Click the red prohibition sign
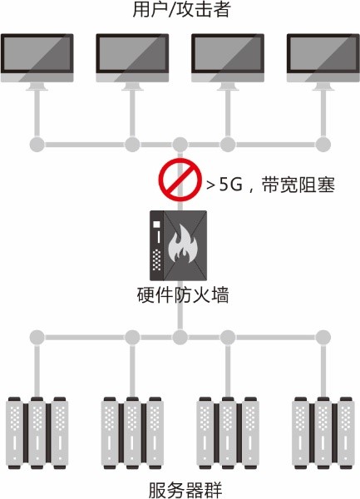coord(180,180)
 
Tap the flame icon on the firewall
coord(183,244)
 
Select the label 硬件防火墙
coord(183,295)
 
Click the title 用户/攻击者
coord(181,9)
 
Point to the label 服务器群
coord(185,490)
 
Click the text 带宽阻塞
coord(298,185)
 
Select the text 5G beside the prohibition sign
coord(231,185)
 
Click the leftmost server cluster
coord(37,432)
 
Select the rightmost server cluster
coord(323,432)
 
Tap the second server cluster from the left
coord(132,432)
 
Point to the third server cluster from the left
coord(228,432)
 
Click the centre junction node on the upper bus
coord(180,145)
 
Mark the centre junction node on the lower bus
coord(180,338)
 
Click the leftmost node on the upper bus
coord(37,145)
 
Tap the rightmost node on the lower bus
coord(323,338)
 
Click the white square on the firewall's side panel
coord(156,225)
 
